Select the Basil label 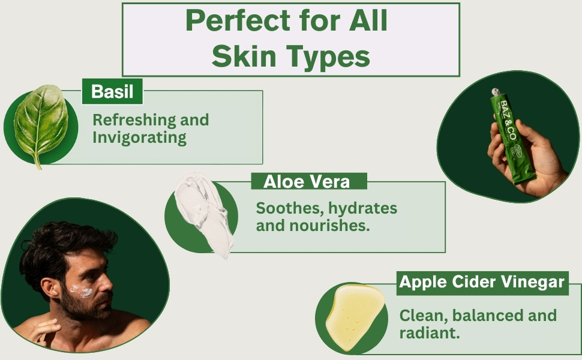coord(112,92)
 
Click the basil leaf coord(40,122)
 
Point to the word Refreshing coord(128,119)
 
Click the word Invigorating coord(139,137)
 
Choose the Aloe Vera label coord(307,181)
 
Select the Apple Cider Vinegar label coord(482,281)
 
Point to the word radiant coord(426,332)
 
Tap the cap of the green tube coord(496,92)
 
